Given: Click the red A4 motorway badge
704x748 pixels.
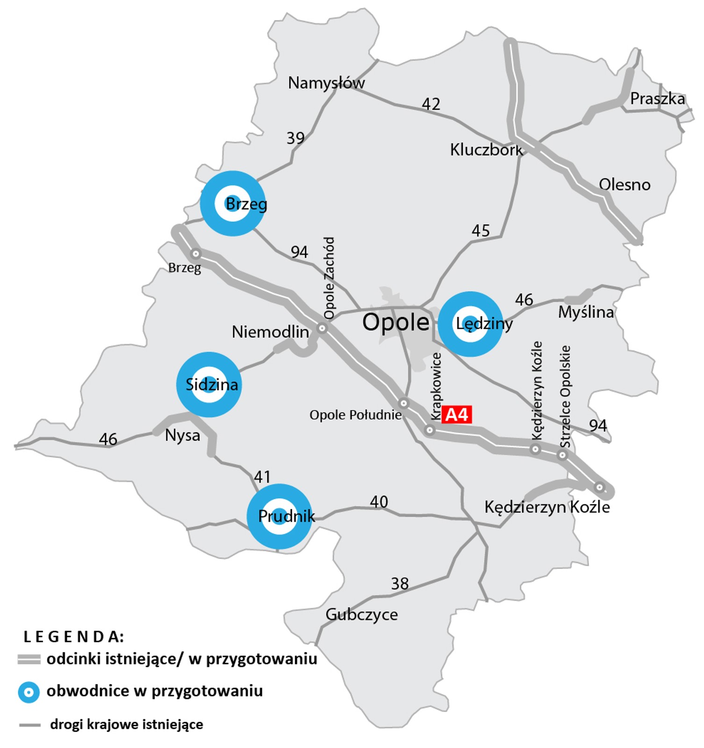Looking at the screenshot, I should tap(456, 415).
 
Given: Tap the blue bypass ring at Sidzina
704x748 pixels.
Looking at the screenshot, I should tap(209, 384).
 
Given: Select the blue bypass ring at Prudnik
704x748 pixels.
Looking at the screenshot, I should tap(279, 516).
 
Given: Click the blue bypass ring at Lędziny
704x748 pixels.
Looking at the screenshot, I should tap(470, 324).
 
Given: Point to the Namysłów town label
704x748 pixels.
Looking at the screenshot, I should tap(326, 83).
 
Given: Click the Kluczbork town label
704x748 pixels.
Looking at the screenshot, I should tap(486, 150).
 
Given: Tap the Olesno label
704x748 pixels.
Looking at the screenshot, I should tap(625, 185).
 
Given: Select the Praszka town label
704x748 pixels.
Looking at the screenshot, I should tap(657, 99).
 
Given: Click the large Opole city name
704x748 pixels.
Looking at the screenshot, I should tap(395, 322).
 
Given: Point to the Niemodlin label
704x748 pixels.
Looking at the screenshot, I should tap(270, 332).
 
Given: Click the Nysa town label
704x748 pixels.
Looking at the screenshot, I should tap(182, 436).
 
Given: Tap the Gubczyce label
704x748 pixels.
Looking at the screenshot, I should tap(361, 614).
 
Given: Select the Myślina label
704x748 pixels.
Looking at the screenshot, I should tap(586, 312).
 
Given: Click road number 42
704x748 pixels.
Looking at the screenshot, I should tap(431, 104).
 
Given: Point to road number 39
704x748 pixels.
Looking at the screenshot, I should tap(295, 138).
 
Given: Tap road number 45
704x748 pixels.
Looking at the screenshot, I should tap(481, 230).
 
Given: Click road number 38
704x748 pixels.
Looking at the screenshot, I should tap(400, 583).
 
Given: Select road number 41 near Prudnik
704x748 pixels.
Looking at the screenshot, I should tap(262, 477).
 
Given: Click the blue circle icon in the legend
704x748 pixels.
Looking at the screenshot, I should tap(29, 691).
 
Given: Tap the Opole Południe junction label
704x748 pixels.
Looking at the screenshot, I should tap(355, 415).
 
